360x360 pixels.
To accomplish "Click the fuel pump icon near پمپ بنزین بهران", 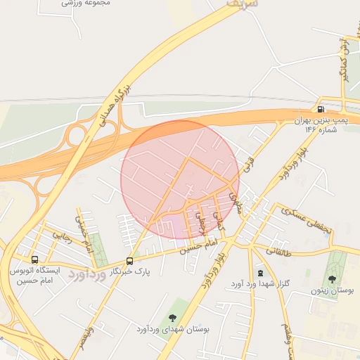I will click(x=321, y=109).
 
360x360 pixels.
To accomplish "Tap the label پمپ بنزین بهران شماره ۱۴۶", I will click(x=321, y=124).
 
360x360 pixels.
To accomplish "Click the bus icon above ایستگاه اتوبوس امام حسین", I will click(x=35, y=259).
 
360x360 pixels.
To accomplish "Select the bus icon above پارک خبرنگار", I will click(x=129, y=261).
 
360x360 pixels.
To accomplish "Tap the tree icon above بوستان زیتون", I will click(x=332, y=279).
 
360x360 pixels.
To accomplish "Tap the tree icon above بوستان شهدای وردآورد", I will click(x=173, y=318).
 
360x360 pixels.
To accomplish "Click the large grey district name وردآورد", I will click(x=88, y=276).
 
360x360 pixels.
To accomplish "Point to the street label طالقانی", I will click(x=278, y=250).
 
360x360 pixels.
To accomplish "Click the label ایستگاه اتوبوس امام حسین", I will click(x=36, y=275).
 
